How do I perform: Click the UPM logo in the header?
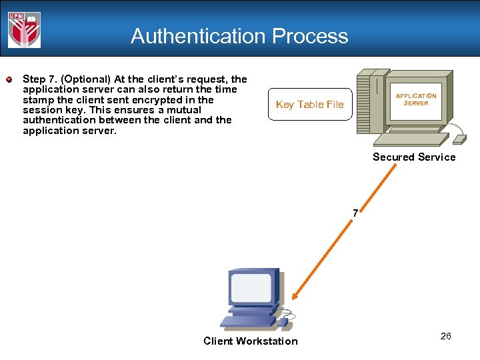[24, 30]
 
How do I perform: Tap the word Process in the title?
[315, 36]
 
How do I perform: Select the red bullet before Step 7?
[9, 80]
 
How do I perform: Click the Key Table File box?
[310, 104]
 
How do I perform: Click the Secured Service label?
[414, 157]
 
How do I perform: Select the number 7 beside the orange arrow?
[355, 213]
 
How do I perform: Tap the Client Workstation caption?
[251, 341]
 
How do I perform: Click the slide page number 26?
[445, 336]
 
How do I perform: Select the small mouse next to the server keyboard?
[459, 139]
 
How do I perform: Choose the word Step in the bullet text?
[34, 79]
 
